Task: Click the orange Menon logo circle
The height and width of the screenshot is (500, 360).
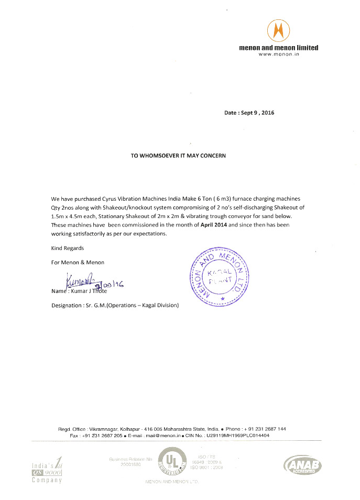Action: [278, 31]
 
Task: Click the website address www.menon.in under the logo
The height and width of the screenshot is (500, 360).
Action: [278, 55]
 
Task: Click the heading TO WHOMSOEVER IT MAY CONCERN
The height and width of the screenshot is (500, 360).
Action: [179, 156]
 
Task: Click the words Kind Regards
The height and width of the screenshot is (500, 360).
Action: [67, 248]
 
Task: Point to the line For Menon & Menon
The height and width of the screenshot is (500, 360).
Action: [78, 262]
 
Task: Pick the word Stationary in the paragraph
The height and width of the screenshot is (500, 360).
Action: [108, 216]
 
